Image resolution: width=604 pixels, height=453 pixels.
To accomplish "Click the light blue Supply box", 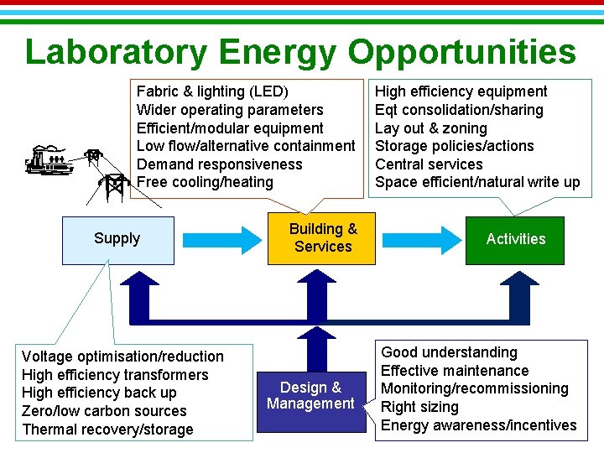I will tap(117, 240).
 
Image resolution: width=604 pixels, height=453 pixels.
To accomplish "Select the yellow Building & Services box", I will tap(323, 238).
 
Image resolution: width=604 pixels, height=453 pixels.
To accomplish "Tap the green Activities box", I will tap(515, 239).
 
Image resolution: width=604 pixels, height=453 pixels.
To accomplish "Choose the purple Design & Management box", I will tap(310, 396).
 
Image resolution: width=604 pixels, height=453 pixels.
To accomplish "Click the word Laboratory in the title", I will tap(116, 52).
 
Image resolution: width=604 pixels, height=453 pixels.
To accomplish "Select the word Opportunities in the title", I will tap(462, 52).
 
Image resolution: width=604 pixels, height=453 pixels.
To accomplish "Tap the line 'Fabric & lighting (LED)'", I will tap(212, 91).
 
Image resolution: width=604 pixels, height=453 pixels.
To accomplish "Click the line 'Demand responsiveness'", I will tap(219, 164).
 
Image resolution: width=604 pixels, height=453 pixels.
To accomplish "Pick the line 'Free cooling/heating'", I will tap(205, 182).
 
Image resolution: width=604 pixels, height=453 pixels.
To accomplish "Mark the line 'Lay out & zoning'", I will tap(430, 128).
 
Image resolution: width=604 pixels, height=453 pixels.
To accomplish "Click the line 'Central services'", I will tap(429, 164).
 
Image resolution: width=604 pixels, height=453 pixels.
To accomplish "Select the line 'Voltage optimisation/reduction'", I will tap(122, 357).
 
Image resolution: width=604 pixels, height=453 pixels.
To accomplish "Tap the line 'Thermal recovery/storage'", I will tap(107, 430).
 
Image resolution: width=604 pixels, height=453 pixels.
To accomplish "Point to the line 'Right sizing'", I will tap(419, 407).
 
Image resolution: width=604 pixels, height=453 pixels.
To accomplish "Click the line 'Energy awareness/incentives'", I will tap(478, 425).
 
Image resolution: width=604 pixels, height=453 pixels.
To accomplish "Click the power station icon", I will tap(49, 159).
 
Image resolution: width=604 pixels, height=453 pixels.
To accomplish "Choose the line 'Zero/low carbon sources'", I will tap(104, 411).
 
